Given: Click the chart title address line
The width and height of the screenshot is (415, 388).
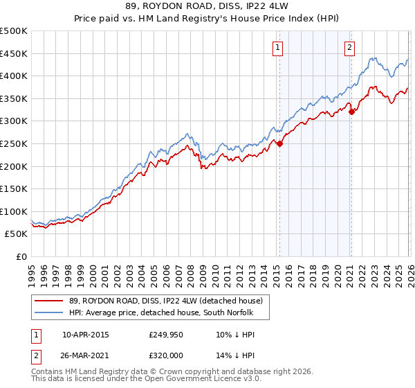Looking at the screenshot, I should pyautogui.click(x=207, y=7).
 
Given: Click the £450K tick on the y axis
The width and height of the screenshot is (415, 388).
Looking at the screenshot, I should pyautogui.click(x=14, y=53).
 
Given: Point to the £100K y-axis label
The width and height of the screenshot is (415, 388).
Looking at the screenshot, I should pyautogui.click(x=14, y=211).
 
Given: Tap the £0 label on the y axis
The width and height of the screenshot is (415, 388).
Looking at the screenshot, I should pyautogui.click(x=21, y=256).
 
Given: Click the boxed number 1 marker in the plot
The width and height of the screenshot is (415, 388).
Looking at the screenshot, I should pyautogui.click(x=277, y=48).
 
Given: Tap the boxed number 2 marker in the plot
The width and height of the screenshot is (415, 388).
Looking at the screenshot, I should pyautogui.click(x=350, y=48).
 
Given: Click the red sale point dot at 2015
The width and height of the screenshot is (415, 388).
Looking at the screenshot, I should pyautogui.click(x=279, y=144).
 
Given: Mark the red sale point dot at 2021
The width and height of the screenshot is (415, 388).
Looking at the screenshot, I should pyautogui.click(x=351, y=112).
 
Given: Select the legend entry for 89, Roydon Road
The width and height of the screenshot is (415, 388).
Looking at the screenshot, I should pyautogui.click(x=166, y=301).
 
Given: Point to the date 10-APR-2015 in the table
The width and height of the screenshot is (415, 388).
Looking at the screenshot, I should pyautogui.click(x=85, y=335).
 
